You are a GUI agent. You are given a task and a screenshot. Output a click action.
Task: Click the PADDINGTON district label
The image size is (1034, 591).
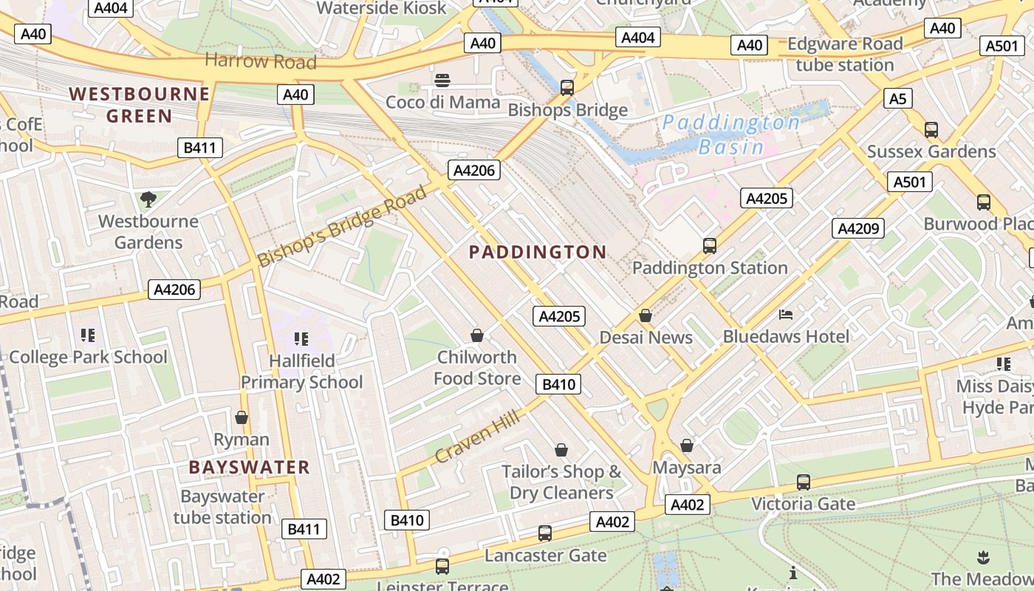[538, 252]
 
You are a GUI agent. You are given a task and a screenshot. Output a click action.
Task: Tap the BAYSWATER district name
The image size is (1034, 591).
[249, 467]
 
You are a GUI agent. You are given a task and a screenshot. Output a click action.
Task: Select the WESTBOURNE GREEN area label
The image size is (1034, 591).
[140, 105]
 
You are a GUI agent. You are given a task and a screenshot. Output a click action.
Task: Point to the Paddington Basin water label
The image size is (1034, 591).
[730, 134]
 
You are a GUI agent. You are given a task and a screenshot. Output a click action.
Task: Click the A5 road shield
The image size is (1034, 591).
[897, 98]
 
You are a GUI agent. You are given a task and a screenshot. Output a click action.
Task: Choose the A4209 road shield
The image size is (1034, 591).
[858, 228]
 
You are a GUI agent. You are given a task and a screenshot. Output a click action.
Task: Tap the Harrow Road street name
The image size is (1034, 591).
[260, 61]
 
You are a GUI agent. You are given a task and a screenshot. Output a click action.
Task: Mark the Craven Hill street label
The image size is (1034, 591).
[477, 437]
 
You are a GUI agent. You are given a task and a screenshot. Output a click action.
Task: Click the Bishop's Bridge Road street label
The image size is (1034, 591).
[342, 227]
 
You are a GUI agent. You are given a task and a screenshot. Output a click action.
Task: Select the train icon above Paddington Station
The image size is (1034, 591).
[709, 245]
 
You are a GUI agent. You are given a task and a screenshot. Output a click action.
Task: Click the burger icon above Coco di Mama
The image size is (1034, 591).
[442, 80]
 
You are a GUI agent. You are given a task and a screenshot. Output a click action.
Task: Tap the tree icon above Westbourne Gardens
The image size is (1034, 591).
[148, 199]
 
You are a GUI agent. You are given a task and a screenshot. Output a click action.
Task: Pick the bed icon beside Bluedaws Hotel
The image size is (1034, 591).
[786, 315]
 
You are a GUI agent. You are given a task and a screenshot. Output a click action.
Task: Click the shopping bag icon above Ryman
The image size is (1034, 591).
[241, 417]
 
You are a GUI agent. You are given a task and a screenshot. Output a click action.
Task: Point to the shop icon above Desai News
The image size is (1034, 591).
[646, 315]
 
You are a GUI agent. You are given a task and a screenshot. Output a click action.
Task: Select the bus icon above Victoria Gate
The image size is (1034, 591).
[803, 482]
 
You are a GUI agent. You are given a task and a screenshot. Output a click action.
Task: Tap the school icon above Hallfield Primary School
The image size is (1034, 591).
[301, 339]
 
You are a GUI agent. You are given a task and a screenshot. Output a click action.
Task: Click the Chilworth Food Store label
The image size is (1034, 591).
[477, 368]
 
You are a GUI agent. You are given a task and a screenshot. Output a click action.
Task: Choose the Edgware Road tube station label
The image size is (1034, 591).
[845, 54]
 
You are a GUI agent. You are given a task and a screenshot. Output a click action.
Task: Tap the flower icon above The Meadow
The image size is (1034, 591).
[982, 557]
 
